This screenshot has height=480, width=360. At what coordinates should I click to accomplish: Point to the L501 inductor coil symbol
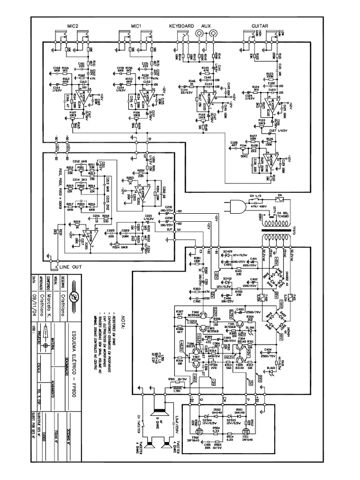[178, 388]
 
